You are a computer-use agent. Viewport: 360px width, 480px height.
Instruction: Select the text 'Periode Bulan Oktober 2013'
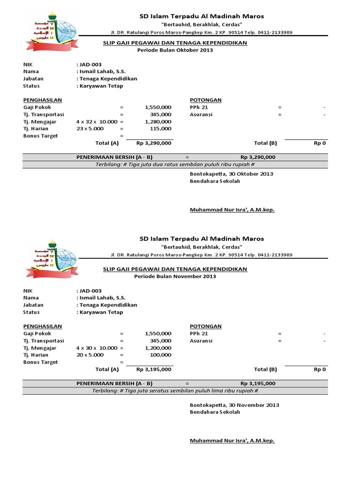(174, 50)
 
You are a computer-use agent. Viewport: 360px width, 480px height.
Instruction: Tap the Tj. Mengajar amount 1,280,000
(158, 121)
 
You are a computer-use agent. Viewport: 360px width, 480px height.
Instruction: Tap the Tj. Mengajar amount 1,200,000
(158, 348)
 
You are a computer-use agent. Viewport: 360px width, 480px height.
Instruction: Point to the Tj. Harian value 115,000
(161, 128)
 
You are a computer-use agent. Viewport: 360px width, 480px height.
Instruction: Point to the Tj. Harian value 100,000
(161, 355)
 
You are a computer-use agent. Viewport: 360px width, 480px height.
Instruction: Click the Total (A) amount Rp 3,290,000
(154, 143)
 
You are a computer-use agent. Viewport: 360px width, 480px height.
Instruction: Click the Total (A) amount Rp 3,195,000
(154, 369)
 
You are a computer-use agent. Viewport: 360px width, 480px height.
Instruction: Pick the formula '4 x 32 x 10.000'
(97, 121)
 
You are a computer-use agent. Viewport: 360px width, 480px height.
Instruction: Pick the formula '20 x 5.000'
(90, 355)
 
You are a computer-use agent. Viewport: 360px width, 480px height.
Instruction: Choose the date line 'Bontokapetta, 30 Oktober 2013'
(231, 174)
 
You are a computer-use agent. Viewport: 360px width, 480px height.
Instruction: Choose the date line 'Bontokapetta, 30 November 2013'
(234, 405)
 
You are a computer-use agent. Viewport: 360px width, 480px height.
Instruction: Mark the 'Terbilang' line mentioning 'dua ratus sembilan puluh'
(175, 165)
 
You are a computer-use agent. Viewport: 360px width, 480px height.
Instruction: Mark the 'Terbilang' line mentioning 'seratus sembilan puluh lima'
(175, 390)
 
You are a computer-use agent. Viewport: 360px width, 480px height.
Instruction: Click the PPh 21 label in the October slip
(199, 107)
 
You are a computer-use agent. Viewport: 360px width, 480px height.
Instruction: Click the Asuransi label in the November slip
(201, 341)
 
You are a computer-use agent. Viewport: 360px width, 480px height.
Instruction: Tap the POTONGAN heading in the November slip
(206, 326)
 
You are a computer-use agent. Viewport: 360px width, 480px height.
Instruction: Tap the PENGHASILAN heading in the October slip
(43, 100)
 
